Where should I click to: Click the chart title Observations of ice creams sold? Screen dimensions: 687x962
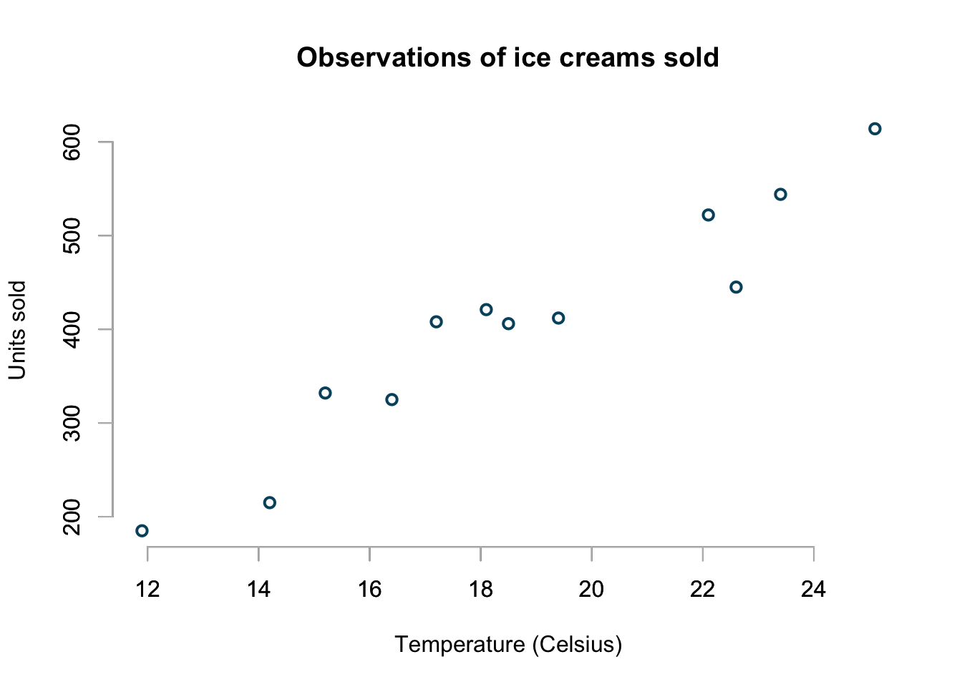[x=507, y=57]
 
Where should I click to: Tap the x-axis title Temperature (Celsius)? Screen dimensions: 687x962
[x=508, y=645]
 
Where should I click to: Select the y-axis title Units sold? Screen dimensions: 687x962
[x=17, y=330]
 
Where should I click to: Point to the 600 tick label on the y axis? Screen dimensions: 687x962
[x=72, y=142]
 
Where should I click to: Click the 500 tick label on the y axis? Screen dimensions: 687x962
[x=72, y=236]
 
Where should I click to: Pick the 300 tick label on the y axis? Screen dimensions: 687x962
[x=72, y=423]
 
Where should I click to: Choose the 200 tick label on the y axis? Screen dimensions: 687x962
[x=72, y=516]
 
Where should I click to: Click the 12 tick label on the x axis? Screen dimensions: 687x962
[x=147, y=590]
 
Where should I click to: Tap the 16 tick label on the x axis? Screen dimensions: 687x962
[x=369, y=590]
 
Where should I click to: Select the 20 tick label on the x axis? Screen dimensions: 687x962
[x=591, y=590]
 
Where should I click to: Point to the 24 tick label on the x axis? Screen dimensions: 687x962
[x=814, y=590]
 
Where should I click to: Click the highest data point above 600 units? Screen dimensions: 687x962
[x=875, y=129]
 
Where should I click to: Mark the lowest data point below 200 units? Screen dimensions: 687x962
[x=142, y=530]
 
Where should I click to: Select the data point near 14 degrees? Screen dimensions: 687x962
[x=270, y=502]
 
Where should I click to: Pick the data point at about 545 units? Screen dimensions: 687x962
[x=780, y=195]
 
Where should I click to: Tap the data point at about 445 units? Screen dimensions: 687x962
[x=736, y=287]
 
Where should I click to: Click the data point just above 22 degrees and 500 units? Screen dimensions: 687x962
[x=708, y=215]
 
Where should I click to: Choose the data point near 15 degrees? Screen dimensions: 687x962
[x=325, y=393]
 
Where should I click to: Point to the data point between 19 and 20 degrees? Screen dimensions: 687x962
[x=558, y=318]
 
